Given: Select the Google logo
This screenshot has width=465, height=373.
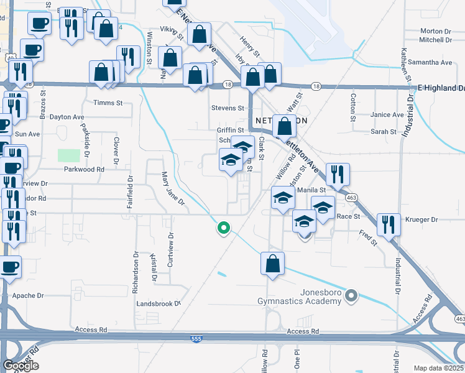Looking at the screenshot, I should (x=21, y=366).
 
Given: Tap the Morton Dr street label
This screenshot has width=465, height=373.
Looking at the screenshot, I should (x=436, y=31).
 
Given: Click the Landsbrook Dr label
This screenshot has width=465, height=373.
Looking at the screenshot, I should (x=158, y=304).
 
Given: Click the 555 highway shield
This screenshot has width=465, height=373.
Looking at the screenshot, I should (x=195, y=338).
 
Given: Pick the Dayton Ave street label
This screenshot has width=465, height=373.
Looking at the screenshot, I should (x=67, y=117).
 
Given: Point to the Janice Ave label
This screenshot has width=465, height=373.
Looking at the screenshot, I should (x=387, y=115).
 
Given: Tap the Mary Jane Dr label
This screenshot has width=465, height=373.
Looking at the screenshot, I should (x=173, y=190).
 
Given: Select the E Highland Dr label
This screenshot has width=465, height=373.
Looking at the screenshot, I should (x=441, y=88).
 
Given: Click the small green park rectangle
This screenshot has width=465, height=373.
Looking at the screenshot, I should (x=69, y=155).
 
